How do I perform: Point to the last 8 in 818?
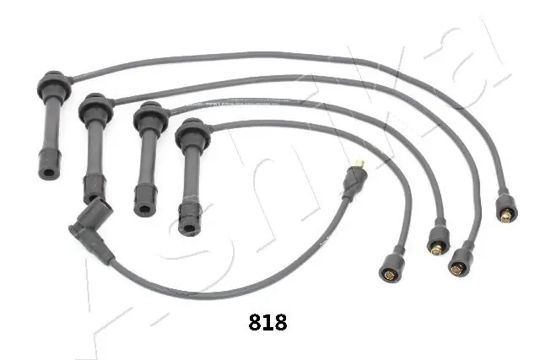click(280, 321)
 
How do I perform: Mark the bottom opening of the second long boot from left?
click(94, 192)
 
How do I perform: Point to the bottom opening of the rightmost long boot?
click(190, 225)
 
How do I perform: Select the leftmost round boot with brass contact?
click(391, 266)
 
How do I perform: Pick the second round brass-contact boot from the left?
click(437, 239)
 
